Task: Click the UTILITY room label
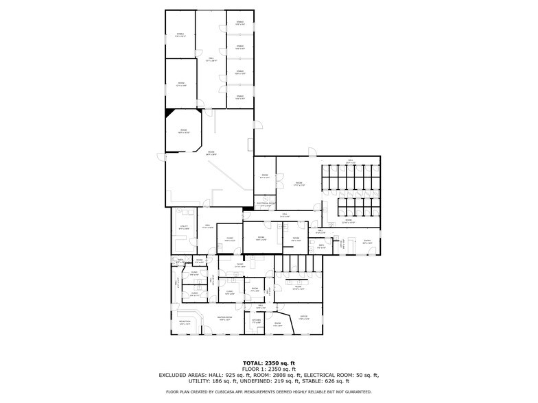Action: pos(183,227)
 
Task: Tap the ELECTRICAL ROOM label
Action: pos(266,204)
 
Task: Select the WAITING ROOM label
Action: pos(226,318)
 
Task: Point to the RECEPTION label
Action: pos(185,321)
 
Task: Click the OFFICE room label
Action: pos(304,317)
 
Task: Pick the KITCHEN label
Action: pos(257,321)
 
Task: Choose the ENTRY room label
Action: pos(367,241)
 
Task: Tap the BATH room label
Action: pos(321,247)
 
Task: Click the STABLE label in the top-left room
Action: pos(180,34)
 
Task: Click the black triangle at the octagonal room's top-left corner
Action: pos(169,112)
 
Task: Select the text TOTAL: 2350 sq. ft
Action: pos(268,363)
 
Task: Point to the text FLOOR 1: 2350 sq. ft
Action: pos(268,369)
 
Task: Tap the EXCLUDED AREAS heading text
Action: pos(187,375)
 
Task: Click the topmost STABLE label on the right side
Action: pos(240,23)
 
